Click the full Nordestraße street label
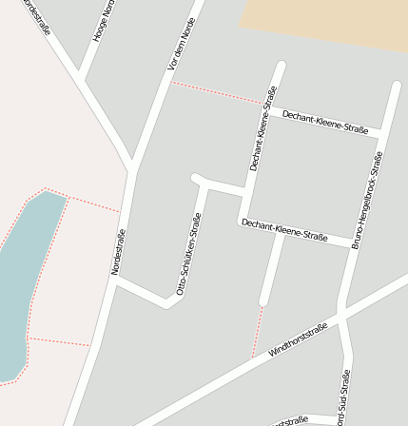[x=118, y=252]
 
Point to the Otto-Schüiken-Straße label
[x=188, y=254]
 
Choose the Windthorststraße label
[x=298, y=339]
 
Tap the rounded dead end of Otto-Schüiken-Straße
[x=196, y=178]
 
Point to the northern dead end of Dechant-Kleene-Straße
[x=281, y=66]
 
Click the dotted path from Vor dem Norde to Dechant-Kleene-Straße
[x=217, y=91]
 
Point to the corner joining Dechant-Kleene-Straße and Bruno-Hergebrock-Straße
[x=381, y=133]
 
